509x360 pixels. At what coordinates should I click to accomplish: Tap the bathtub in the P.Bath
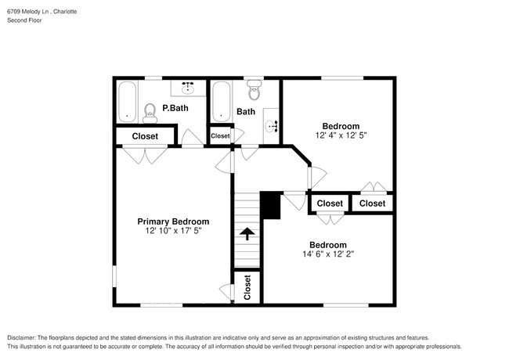(x=128, y=102)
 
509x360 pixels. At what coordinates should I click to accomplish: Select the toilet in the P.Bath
(x=150, y=113)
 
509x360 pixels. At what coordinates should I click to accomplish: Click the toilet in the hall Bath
(x=253, y=92)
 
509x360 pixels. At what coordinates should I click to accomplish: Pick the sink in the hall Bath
(x=272, y=124)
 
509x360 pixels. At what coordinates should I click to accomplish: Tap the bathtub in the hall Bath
(x=222, y=102)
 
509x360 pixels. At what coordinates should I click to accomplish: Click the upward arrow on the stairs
(x=247, y=233)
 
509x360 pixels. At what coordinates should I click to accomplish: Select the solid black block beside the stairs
(x=269, y=206)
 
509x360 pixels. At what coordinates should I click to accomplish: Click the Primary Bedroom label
(x=173, y=221)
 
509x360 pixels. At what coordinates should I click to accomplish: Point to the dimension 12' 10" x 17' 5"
(x=173, y=232)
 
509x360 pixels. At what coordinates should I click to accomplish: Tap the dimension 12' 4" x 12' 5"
(x=341, y=135)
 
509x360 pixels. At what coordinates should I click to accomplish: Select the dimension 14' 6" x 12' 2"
(x=327, y=254)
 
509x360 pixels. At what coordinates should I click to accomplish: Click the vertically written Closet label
(x=247, y=287)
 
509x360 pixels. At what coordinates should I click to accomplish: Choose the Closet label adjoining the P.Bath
(x=145, y=136)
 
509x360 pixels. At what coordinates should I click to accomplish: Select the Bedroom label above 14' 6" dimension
(x=327, y=244)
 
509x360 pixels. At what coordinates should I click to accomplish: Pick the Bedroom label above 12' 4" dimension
(x=341, y=126)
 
